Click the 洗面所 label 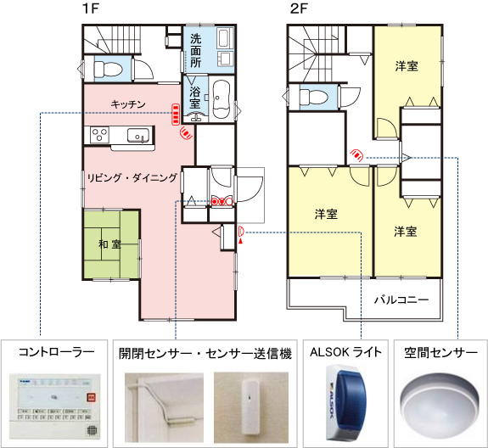tap(196, 51)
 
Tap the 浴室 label tap(195, 97)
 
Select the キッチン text tap(128, 104)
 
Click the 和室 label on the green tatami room tap(109, 244)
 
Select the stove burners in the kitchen tap(98, 134)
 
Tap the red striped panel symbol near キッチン tap(176, 111)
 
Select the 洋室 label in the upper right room tap(407, 66)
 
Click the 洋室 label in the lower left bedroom tap(326, 214)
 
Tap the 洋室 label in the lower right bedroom tap(405, 231)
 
